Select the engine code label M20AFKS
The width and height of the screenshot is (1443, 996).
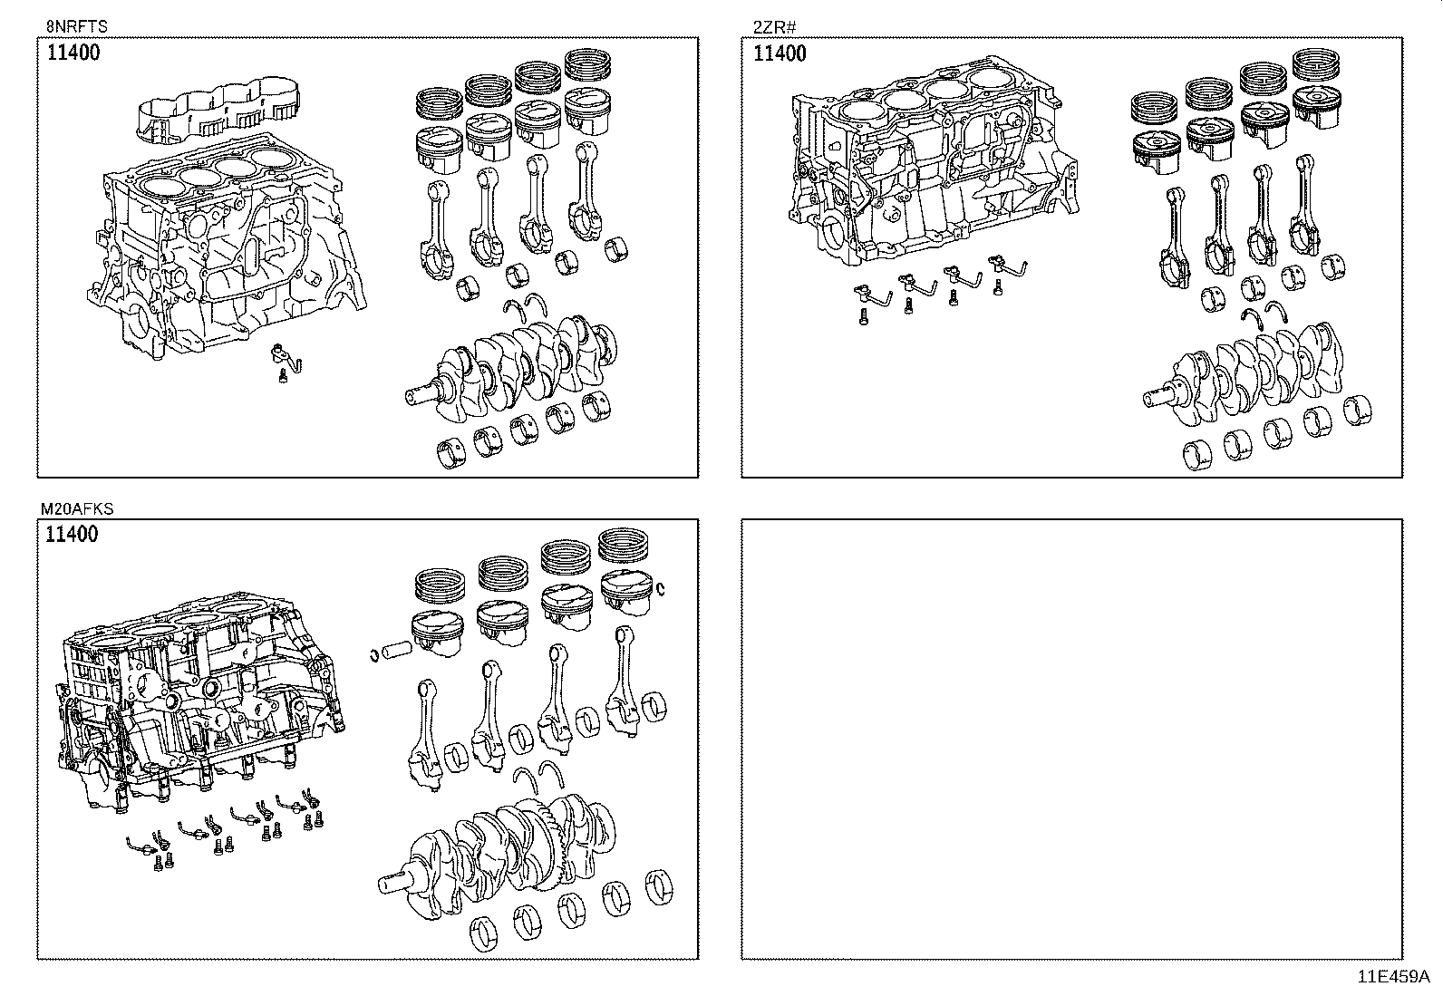(77, 509)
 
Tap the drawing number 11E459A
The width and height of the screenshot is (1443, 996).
(1392, 977)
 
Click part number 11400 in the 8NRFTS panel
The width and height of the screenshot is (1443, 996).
(73, 53)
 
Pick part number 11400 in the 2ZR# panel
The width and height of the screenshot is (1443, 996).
(780, 53)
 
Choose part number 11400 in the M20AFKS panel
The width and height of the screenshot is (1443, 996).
(72, 535)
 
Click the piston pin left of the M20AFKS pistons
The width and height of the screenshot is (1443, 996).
(397, 651)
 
